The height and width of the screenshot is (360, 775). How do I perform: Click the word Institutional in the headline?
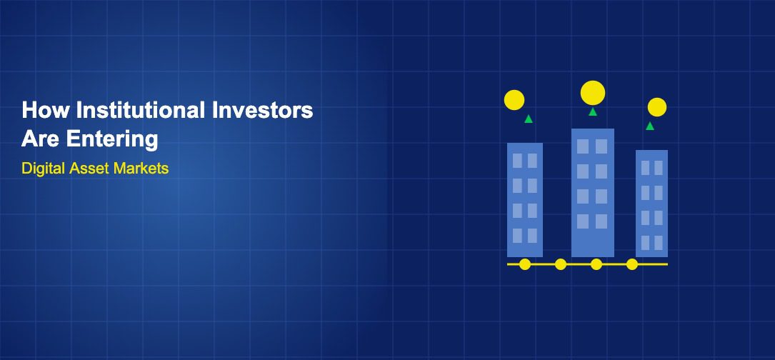140,110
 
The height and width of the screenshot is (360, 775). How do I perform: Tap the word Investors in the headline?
262,110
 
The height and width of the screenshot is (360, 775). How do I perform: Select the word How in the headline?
45,110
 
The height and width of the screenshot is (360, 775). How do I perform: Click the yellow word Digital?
44,169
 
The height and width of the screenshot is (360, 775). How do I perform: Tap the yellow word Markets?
141,169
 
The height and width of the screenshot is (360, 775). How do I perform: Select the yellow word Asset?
89,169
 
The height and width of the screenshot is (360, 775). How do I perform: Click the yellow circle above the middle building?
593,93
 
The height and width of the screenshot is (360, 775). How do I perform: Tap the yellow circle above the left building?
514,100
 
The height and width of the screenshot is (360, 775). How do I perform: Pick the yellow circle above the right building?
657,107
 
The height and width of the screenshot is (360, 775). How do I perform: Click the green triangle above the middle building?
593,111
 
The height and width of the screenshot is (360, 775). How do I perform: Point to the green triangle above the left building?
529,119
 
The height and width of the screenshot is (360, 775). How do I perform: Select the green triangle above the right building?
650,126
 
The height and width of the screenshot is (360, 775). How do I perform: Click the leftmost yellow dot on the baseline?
525,264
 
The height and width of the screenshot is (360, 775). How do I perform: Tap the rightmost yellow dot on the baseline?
632,264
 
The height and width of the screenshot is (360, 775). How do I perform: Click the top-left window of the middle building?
584,146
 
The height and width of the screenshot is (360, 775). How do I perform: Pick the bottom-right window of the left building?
532,236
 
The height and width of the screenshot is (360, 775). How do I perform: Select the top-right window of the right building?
659,168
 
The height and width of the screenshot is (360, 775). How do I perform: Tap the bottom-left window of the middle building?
584,221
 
